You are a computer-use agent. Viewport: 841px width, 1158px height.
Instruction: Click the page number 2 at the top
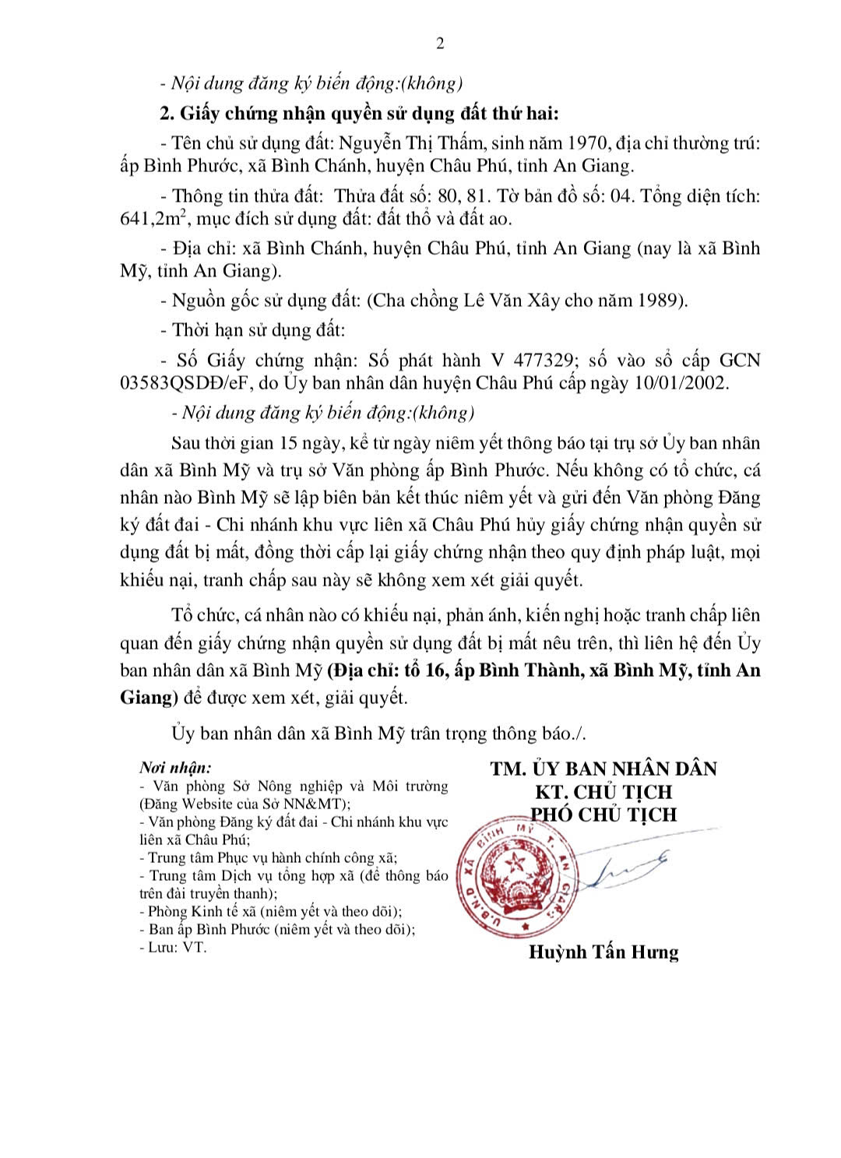click(x=440, y=44)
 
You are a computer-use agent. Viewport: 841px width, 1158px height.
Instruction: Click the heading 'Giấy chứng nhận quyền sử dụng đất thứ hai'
click(x=369, y=114)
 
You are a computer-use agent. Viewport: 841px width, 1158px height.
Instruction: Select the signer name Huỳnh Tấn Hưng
click(x=603, y=952)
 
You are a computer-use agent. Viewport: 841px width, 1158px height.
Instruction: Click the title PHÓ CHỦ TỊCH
click(x=603, y=815)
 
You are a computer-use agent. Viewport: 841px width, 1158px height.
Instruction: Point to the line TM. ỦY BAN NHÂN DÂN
click(x=603, y=769)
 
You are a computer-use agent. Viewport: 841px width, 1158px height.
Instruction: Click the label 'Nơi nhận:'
click(x=175, y=768)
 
